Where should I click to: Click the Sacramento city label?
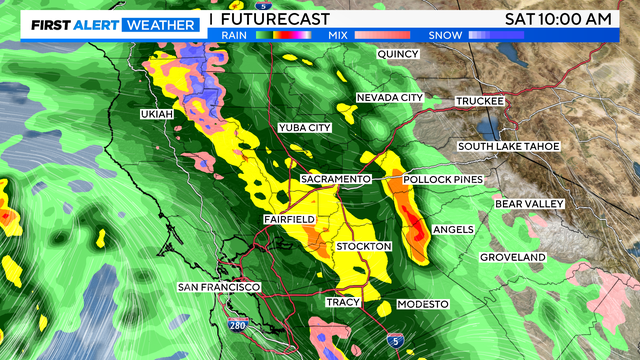pyautogui.click(x=336, y=179)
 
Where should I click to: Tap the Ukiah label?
pyautogui.click(x=157, y=116)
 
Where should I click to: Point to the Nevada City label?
pyautogui.click(x=390, y=98)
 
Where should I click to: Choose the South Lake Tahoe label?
pyautogui.click(x=509, y=147)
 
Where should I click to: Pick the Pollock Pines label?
pyautogui.click(x=443, y=180)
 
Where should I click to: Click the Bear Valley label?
pyautogui.click(x=530, y=204)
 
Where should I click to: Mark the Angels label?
pyautogui.click(x=454, y=230)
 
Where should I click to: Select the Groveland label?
pyautogui.click(x=512, y=258)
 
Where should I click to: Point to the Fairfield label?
pyautogui.click(x=290, y=219)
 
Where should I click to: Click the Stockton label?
pyautogui.click(x=364, y=246)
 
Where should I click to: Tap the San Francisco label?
pyautogui.click(x=219, y=288)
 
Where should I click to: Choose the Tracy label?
pyautogui.click(x=342, y=302)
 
